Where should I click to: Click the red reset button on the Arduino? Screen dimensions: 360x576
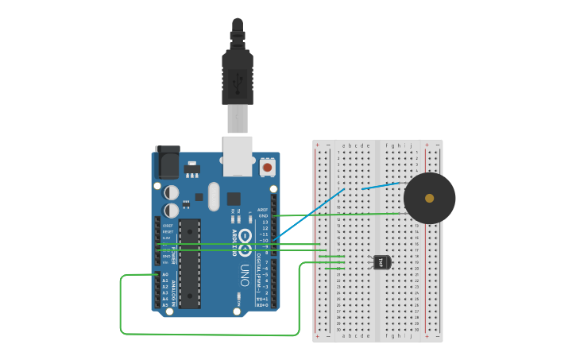point(267,168)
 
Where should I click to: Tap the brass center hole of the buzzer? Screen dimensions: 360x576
point(430,198)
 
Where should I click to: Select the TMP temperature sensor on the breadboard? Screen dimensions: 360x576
point(382,261)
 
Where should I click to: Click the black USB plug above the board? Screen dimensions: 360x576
point(238,76)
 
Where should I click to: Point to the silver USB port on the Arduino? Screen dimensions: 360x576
point(238,155)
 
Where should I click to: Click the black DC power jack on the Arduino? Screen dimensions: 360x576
point(168,163)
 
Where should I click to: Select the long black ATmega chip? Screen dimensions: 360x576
point(190,263)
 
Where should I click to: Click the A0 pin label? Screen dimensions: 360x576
point(165,274)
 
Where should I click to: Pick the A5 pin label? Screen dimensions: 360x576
point(165,305)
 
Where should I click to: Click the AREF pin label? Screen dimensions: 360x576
point(263,210)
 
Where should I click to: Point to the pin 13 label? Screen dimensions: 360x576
point(265,222)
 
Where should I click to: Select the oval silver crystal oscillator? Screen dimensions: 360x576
point(213,196)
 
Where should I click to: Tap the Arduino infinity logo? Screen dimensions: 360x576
point(245,237)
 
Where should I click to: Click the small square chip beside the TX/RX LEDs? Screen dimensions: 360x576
point(234,199)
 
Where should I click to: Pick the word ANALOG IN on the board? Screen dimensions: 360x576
point(175,291)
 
